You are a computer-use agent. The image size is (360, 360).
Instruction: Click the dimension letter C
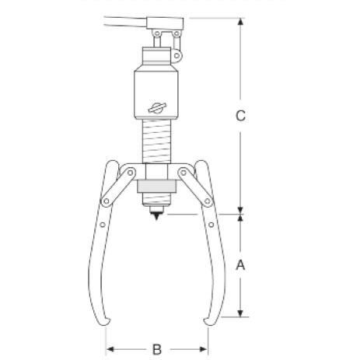pos(241,116)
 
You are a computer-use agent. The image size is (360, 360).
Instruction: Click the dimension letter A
pos(241,264)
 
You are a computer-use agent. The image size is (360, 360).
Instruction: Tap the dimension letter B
pos(156,349)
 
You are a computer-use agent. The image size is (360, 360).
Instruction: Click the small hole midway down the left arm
pos(103,226)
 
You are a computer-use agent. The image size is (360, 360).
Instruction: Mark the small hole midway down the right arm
pos(211,226)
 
